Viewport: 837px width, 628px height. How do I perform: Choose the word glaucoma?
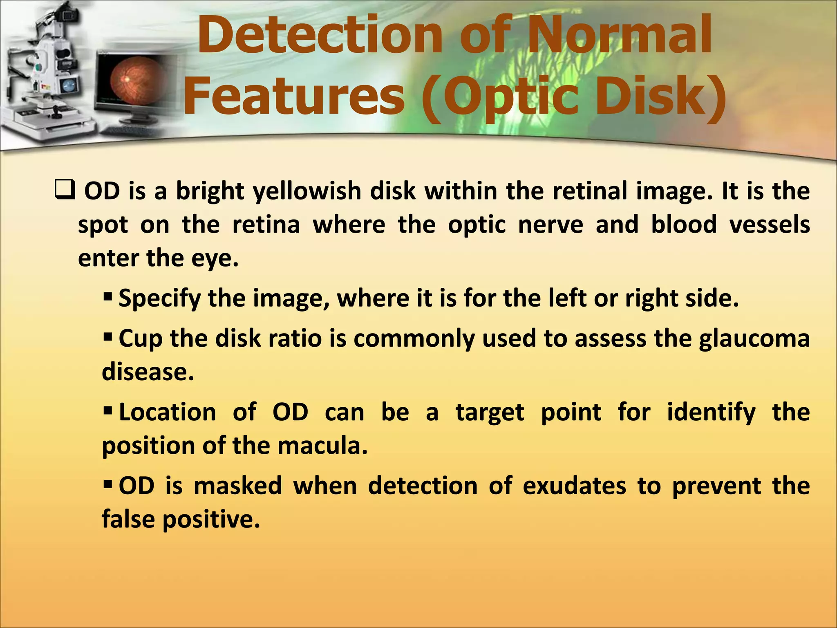click(754, 339)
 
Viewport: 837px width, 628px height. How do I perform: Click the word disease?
click(148, 372)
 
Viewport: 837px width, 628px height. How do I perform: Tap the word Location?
click(167, 412)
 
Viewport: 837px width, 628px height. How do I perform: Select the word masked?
click(237, 486)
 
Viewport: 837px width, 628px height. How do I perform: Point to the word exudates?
click(574, 486)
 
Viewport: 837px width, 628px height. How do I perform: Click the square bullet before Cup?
click(107, 338)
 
